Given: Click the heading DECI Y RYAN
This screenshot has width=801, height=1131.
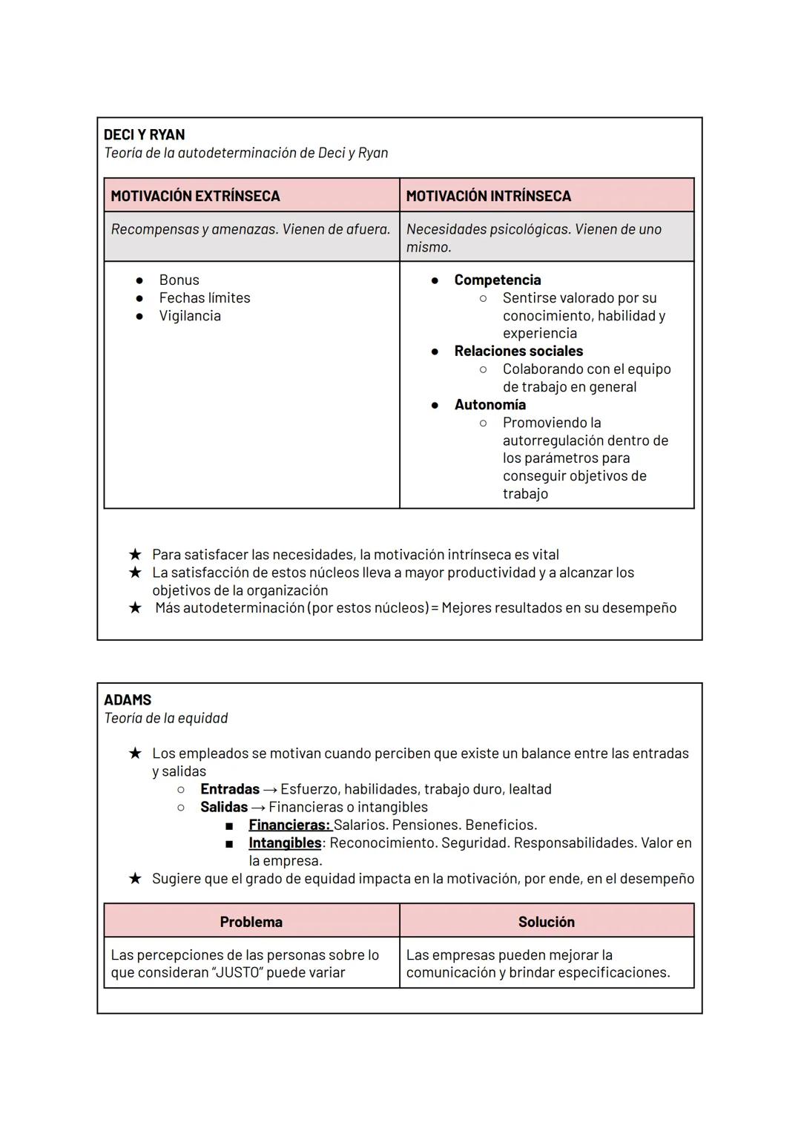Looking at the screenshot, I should [144, 135].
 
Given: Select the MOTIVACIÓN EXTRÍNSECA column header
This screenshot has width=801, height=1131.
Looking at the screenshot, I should [195, 197].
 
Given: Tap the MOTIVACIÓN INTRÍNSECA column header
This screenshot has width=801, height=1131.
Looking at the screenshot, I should [488, 197].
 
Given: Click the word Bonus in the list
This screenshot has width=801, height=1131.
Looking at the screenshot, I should [179, 280].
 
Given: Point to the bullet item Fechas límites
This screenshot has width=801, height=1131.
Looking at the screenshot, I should [204, 298].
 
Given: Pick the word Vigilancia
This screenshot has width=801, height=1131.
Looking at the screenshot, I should [189, 316].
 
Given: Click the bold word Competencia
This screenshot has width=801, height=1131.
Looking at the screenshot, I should [497, 280].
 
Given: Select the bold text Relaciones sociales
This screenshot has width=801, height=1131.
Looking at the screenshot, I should [518, 352].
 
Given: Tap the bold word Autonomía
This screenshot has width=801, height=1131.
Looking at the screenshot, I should [489, 405].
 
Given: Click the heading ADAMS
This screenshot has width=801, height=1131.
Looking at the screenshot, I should [128, 700].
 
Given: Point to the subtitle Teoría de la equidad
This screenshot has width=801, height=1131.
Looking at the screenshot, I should [165, 718].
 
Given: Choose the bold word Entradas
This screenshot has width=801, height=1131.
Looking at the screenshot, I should [230, 789].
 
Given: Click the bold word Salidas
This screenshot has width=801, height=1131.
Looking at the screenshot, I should [223, 807].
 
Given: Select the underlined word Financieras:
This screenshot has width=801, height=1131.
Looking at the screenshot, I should [289, 825].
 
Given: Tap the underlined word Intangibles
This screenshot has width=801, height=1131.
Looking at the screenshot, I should [285, 843].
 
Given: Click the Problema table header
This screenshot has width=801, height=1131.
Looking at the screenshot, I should [251, 922].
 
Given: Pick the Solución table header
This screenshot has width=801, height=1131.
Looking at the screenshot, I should [546, 922].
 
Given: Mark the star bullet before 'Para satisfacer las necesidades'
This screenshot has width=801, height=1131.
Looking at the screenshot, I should [135, 555].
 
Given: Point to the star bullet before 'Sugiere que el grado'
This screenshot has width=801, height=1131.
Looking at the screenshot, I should [135, 879].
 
